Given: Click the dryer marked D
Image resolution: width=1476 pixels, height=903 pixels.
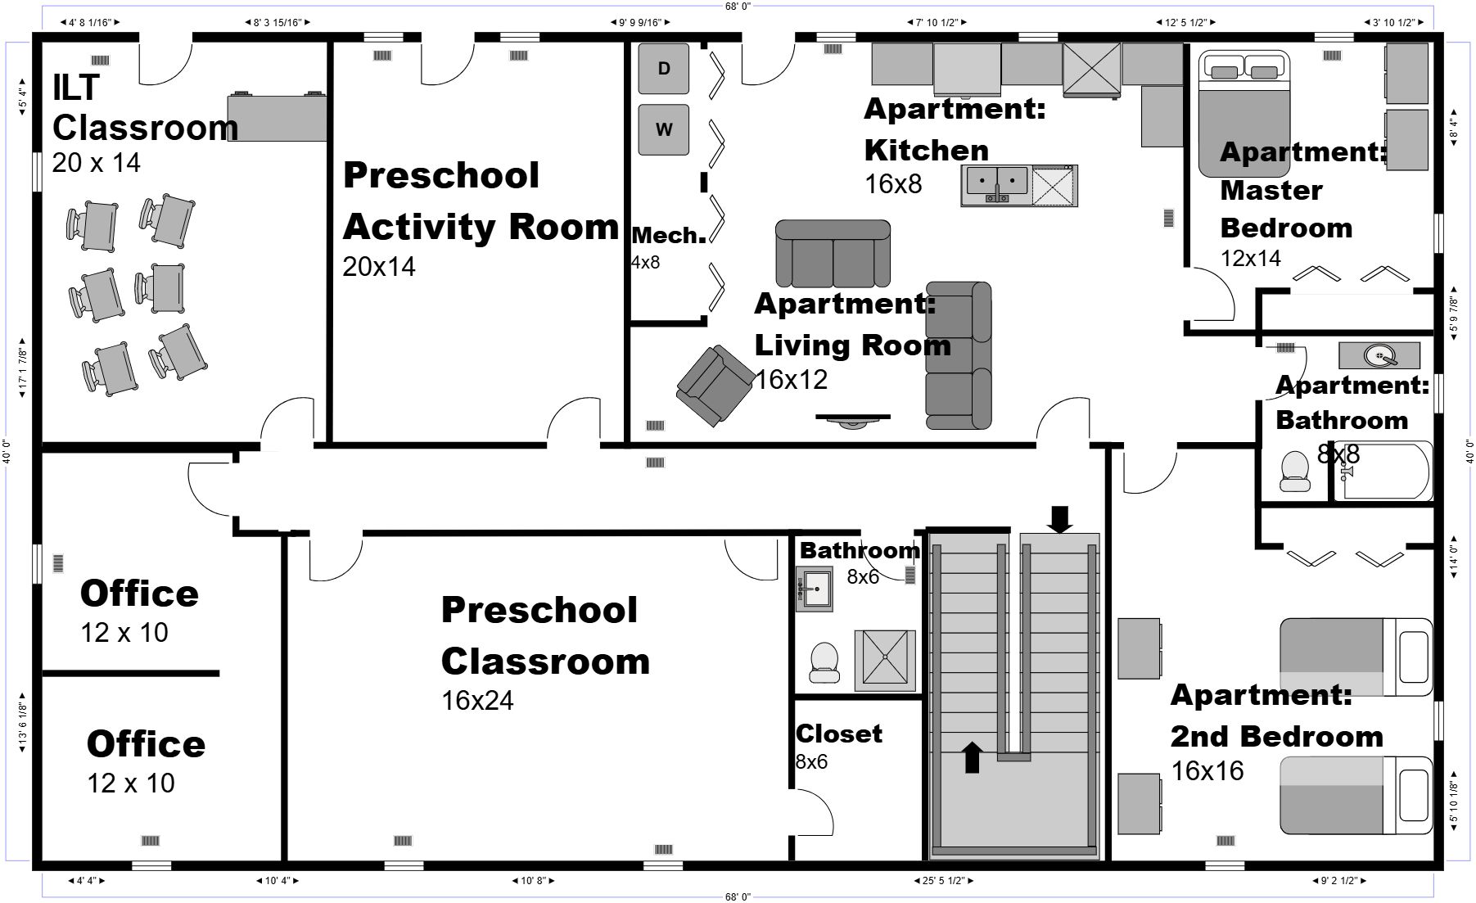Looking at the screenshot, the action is tap(663, 69).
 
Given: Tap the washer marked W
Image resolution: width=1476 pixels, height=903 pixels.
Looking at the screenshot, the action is tap(663, 129).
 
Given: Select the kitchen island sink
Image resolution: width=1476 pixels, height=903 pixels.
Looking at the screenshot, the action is tap(995, 185).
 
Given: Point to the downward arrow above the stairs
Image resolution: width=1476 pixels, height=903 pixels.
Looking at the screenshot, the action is tap(1060, 519).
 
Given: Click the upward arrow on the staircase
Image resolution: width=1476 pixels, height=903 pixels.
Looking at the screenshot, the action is tap(972, 757).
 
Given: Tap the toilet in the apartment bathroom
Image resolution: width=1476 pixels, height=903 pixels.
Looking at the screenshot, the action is tap(1295, 472).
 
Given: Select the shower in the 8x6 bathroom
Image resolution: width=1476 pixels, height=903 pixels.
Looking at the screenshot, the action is tap(885, 659).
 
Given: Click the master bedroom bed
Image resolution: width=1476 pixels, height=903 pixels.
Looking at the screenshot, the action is tap(1244, 114).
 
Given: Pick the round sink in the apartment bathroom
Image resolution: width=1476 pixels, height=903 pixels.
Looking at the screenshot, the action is tap(1379, 355).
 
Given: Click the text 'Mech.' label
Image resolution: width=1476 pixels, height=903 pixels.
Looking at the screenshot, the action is tap(669, 236).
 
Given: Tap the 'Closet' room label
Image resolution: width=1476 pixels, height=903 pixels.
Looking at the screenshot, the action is tap(839, 734).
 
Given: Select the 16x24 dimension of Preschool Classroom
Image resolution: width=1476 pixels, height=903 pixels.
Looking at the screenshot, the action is tap(477, 701).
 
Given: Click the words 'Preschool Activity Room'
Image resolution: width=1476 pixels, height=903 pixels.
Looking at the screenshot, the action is tap(481, 201).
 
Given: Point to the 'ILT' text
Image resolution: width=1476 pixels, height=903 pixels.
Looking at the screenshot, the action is tap(76, 87).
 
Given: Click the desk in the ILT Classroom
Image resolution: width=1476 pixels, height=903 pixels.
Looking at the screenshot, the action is tap(277, 117).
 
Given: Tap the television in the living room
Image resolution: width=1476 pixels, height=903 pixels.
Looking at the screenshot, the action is tap(852, 420).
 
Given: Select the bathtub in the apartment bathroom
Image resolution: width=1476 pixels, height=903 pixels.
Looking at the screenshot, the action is tap(1383, 471).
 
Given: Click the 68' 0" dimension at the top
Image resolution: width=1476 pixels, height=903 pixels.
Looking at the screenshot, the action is tap(738, 6).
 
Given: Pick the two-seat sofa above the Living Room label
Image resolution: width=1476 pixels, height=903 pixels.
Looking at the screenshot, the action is tap(833, 253).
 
